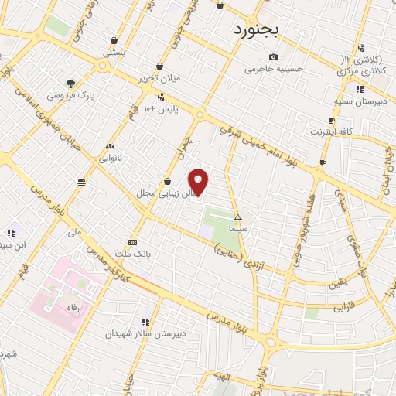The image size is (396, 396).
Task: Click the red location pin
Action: [x=200, y=182]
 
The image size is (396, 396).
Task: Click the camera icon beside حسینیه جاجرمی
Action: [x=273, y=56]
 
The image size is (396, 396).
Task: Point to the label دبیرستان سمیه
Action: [x=360, y=101]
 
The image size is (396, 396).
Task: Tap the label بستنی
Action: [x=114, y=53]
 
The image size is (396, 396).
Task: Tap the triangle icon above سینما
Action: [x=238, y=217]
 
